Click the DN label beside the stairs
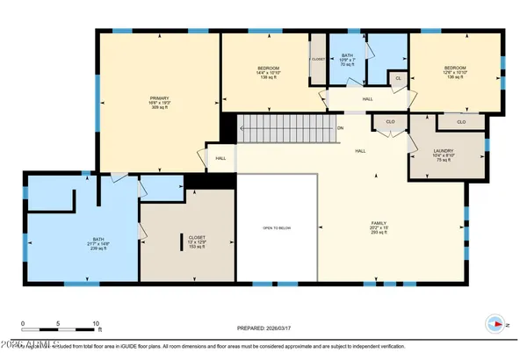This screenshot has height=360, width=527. point(340,127)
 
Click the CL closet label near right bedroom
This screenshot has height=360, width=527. point(398,78)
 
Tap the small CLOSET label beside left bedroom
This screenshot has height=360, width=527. point(317,60)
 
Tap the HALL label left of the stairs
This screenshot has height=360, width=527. point(220,158)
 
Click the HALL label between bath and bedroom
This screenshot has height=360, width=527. point(367,99)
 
